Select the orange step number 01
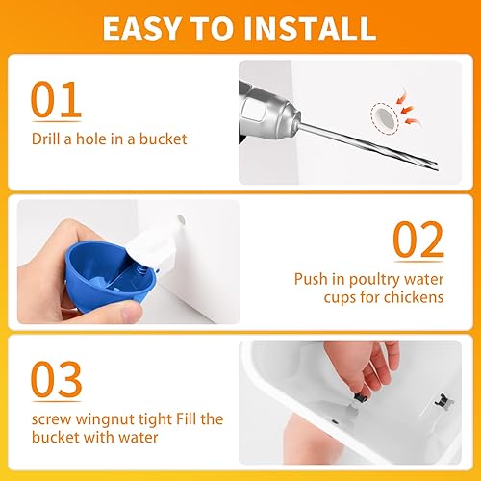(x=56, y=100)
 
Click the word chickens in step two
(x=416, y=298)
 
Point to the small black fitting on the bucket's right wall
(x=440, y=397)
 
